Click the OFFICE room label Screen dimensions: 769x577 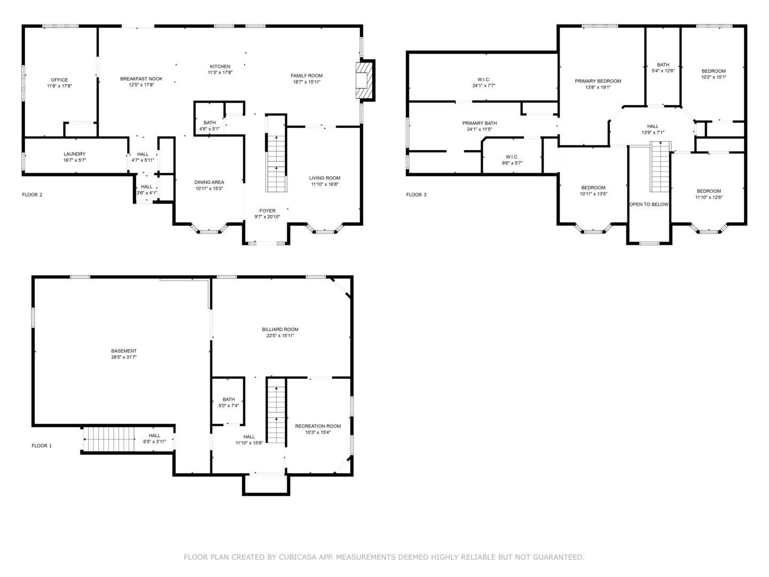pos(59,80)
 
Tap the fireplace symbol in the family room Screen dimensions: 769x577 pos(362,81)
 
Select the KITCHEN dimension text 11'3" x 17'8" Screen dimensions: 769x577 pos(220,73)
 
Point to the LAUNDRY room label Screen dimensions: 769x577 pos(74,154)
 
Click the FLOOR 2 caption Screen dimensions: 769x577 pos(32,195)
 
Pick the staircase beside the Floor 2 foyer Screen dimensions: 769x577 pos(276,163)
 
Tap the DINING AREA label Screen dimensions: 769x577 pos(209,182)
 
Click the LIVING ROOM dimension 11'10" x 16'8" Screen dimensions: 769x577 pos(325,184)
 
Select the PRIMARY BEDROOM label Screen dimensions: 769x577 pos(598,81)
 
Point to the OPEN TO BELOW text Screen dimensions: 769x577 pos(649,204)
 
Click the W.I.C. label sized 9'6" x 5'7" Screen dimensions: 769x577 pos(512,157)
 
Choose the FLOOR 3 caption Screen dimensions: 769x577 pos(416,195)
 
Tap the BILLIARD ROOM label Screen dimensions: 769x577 pos(280,329)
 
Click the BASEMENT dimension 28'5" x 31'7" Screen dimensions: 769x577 pos(124,357)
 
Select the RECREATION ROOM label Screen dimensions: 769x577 pos(318,426)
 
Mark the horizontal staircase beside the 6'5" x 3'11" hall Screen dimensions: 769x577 pos(109,439)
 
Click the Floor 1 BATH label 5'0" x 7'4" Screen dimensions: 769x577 pos(229,400)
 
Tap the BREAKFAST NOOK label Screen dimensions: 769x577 pos(141,79)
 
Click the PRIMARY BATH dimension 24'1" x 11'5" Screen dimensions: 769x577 pos(479,129)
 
